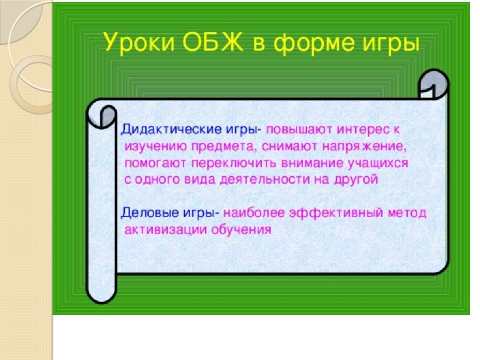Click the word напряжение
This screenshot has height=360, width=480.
364,147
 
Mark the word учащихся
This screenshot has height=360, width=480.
378,163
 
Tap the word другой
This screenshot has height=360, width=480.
356,179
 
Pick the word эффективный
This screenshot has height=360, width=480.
336,213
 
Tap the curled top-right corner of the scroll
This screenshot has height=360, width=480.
433,83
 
